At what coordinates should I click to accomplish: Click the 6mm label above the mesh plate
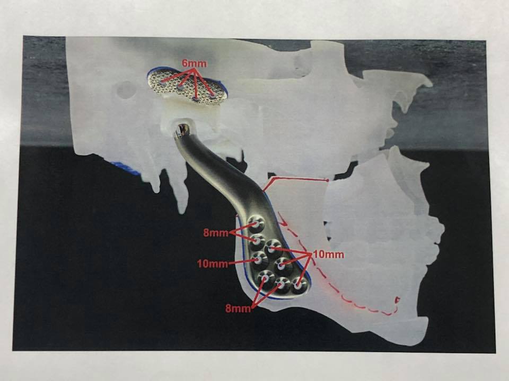(x=194, y=63)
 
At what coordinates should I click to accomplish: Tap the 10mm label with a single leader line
(x=213, y=264)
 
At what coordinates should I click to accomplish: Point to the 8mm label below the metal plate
(x=238, y=309)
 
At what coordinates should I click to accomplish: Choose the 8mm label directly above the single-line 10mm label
(x=216, y=233)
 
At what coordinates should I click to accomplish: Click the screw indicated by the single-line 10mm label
(x=259, y=259)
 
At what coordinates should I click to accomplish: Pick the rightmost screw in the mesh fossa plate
(x=213, y=96)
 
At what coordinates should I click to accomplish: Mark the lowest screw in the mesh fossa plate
(x=196, y=98)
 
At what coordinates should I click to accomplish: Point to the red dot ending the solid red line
(x=327, y=180)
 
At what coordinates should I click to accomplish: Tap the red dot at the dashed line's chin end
(x=397, y=301)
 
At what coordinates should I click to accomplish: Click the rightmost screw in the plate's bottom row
(x=299, y=286)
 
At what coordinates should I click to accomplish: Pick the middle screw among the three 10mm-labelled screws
(x=282, y=266)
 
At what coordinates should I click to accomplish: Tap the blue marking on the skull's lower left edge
(x=125, y=168)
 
